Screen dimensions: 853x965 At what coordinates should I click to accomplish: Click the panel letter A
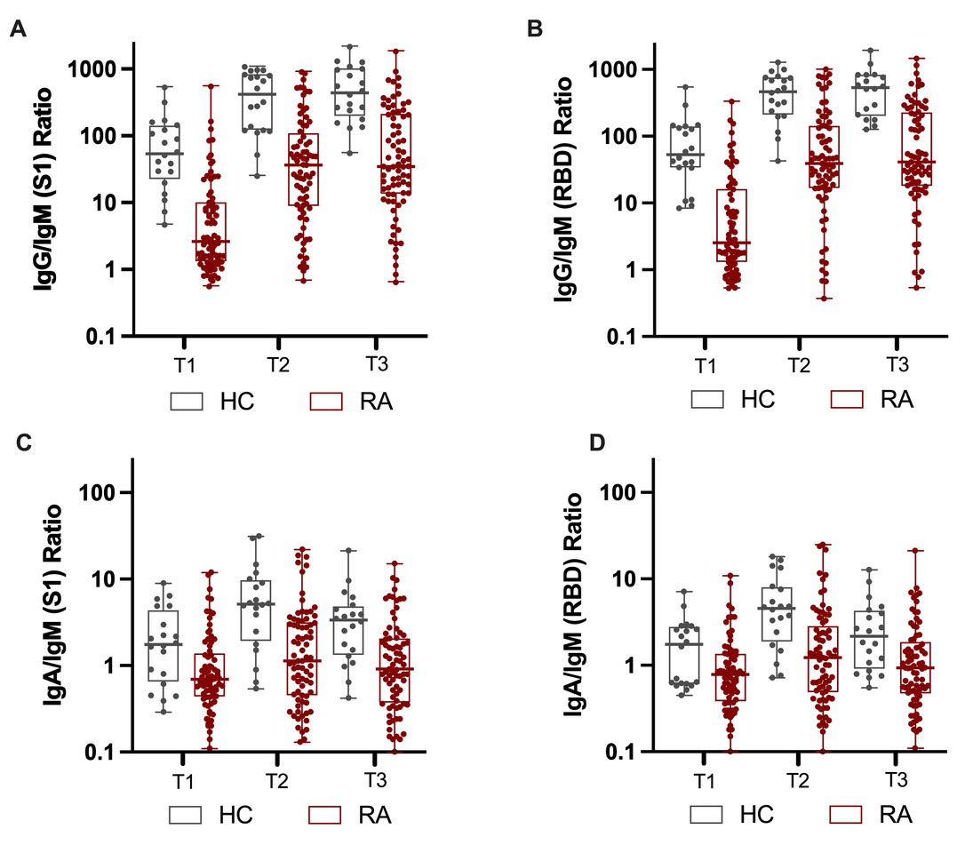click(x=16, y=30)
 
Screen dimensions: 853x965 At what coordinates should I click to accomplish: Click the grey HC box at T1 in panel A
click(x=165, y=151)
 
